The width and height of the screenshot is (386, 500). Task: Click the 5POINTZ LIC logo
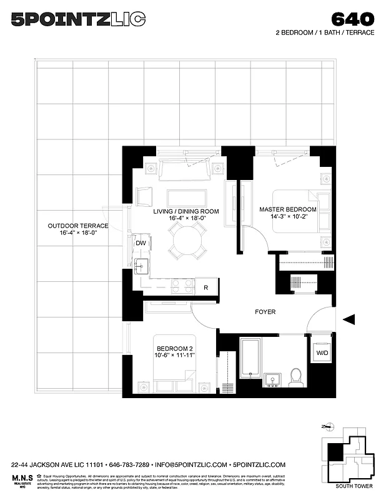(x=78, y=19)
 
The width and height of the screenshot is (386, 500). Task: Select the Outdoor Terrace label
(x=78, y=229)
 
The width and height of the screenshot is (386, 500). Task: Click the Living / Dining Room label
(x=186, y=215)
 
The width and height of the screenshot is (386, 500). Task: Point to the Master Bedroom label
(x=288, y=212)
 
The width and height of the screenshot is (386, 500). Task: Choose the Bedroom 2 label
(x=176, y=352)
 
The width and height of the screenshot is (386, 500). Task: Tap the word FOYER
(x=265, y=312)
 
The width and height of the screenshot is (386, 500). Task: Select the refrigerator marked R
(x=206, y=287)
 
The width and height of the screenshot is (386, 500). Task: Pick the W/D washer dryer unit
(x=322, y=352)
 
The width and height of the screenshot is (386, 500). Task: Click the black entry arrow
(x=349, y=320)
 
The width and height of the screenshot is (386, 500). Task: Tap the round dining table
(x=186, y=240)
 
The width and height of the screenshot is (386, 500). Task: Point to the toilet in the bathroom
(x=296, y=377)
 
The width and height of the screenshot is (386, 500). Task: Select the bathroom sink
(x=273, y=379)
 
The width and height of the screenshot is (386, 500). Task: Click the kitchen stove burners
(x=183, y=286)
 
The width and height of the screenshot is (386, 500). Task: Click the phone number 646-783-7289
(x=130, y=465)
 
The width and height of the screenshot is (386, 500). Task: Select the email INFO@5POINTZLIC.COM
(x=191, y=465)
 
